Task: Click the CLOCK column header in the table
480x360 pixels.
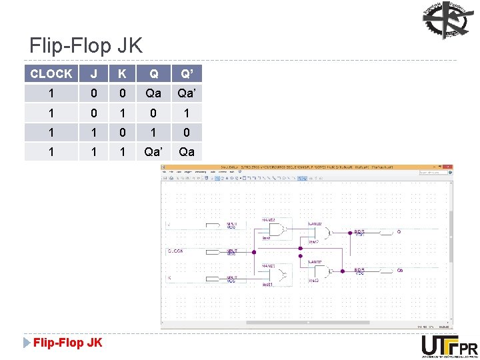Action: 51,73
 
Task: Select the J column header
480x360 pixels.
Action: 94,73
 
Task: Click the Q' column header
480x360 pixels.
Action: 187,73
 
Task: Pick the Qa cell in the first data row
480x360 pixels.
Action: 154,93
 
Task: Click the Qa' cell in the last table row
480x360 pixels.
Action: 154,151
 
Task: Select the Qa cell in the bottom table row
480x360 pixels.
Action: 187,151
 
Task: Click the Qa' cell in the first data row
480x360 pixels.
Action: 187,93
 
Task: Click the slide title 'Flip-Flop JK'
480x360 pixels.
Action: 86,45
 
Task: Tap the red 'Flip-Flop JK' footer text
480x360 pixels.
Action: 68,343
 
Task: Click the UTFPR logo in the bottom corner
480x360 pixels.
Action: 449,346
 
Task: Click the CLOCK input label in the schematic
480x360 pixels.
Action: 176,251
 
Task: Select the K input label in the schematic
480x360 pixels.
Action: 169,277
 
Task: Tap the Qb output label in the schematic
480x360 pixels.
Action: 400,271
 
